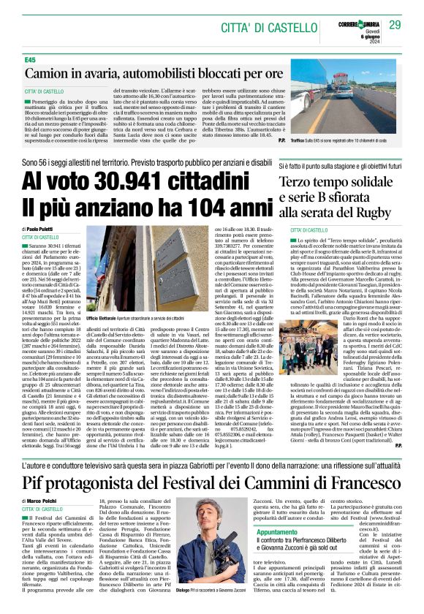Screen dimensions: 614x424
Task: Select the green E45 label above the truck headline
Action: click(x=30, y=59)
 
